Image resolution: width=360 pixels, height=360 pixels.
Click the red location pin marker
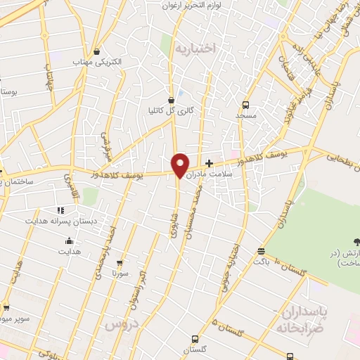(180, 165)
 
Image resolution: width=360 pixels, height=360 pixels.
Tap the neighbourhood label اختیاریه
(194, 48)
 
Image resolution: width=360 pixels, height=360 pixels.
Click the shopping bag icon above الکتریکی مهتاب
(96, 51)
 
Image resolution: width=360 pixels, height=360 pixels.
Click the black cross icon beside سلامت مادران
(209, 162)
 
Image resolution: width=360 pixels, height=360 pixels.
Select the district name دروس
(120, 326)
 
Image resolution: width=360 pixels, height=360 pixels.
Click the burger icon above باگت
(261, 251)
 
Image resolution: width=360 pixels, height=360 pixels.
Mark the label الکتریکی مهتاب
(97, 62)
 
